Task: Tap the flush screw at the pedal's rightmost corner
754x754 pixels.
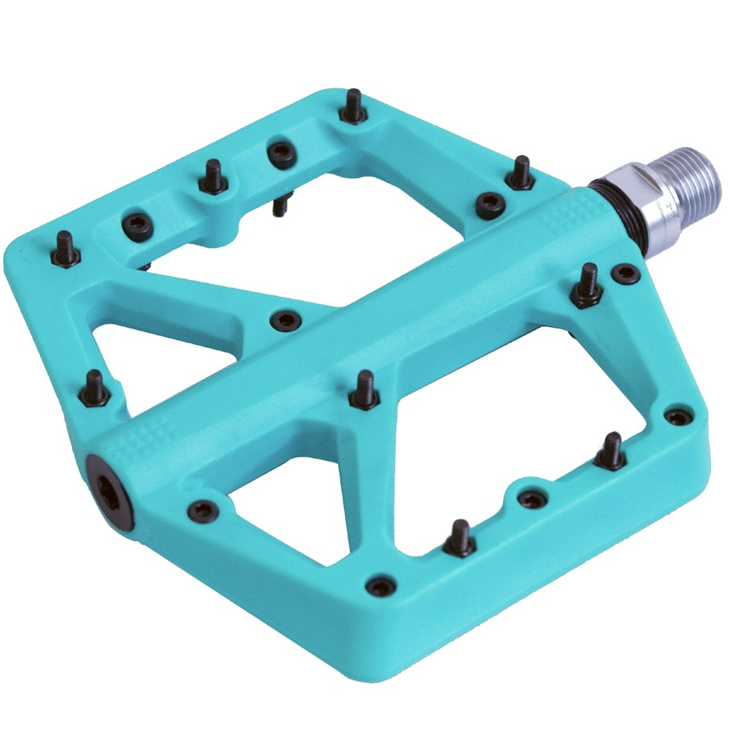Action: click(x=677, y=416)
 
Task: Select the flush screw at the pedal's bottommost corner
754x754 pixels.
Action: click(x=381, y=585)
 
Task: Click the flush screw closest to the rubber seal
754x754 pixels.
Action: click(x=625, y=273)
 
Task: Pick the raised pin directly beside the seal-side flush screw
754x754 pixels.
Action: click(x=587, y=285)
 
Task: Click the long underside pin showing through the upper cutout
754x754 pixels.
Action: click(x=278, y=205)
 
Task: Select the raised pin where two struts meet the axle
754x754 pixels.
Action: click(x=364, y=390)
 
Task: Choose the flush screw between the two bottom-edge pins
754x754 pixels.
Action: click(x=532, y=498)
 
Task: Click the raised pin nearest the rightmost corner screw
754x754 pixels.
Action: click(x=611, y=453)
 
